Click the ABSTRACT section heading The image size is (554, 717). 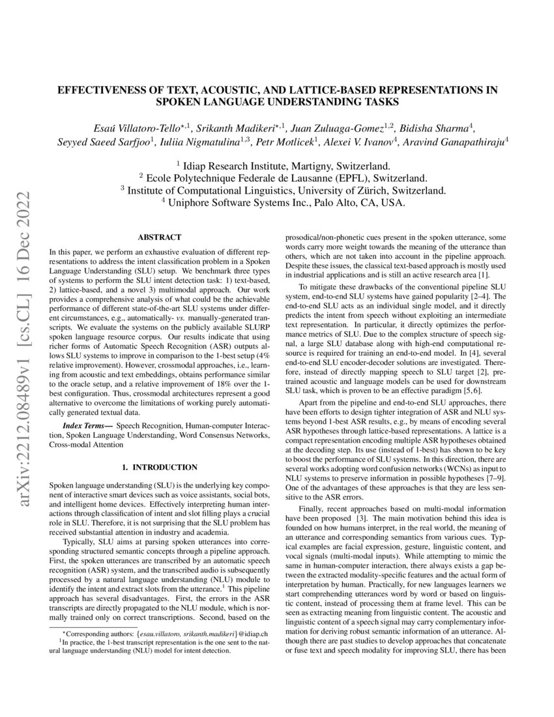coord(160,238)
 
